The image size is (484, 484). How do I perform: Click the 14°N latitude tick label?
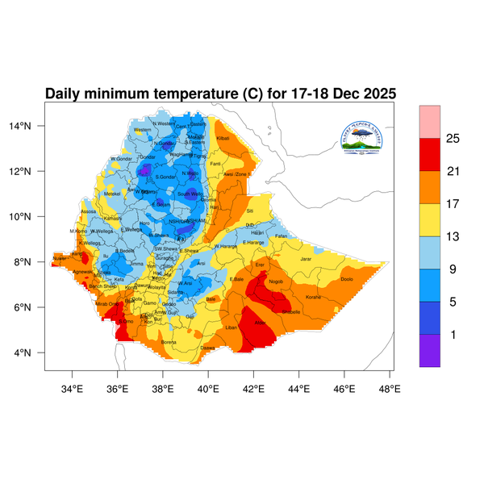click(x=31, y=126)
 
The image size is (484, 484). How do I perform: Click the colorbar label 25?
click(x=453, y=139)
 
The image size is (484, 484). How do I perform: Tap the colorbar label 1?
click(x=453, y=334)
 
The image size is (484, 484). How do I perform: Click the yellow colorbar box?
click(x=430, y=219)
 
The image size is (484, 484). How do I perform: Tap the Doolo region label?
click(x=347, y=279)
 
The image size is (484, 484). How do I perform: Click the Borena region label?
click(x=169, y=342)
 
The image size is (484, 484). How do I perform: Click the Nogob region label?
click(x=276, y=282)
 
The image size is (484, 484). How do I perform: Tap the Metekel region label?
click(x=112, y=194)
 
